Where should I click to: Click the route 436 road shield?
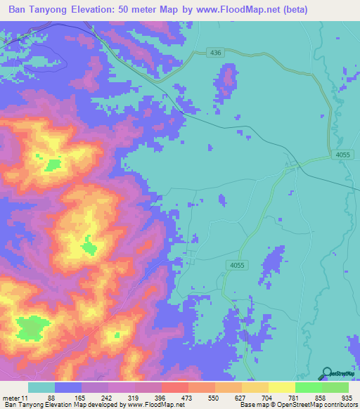[x=215, y=53]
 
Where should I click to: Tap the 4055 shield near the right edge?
[x=342, y=155]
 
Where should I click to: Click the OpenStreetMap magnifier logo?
[x=326, y=372]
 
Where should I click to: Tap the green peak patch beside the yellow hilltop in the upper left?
[x=53, y=165]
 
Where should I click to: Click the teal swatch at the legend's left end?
[x=41, y=387]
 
